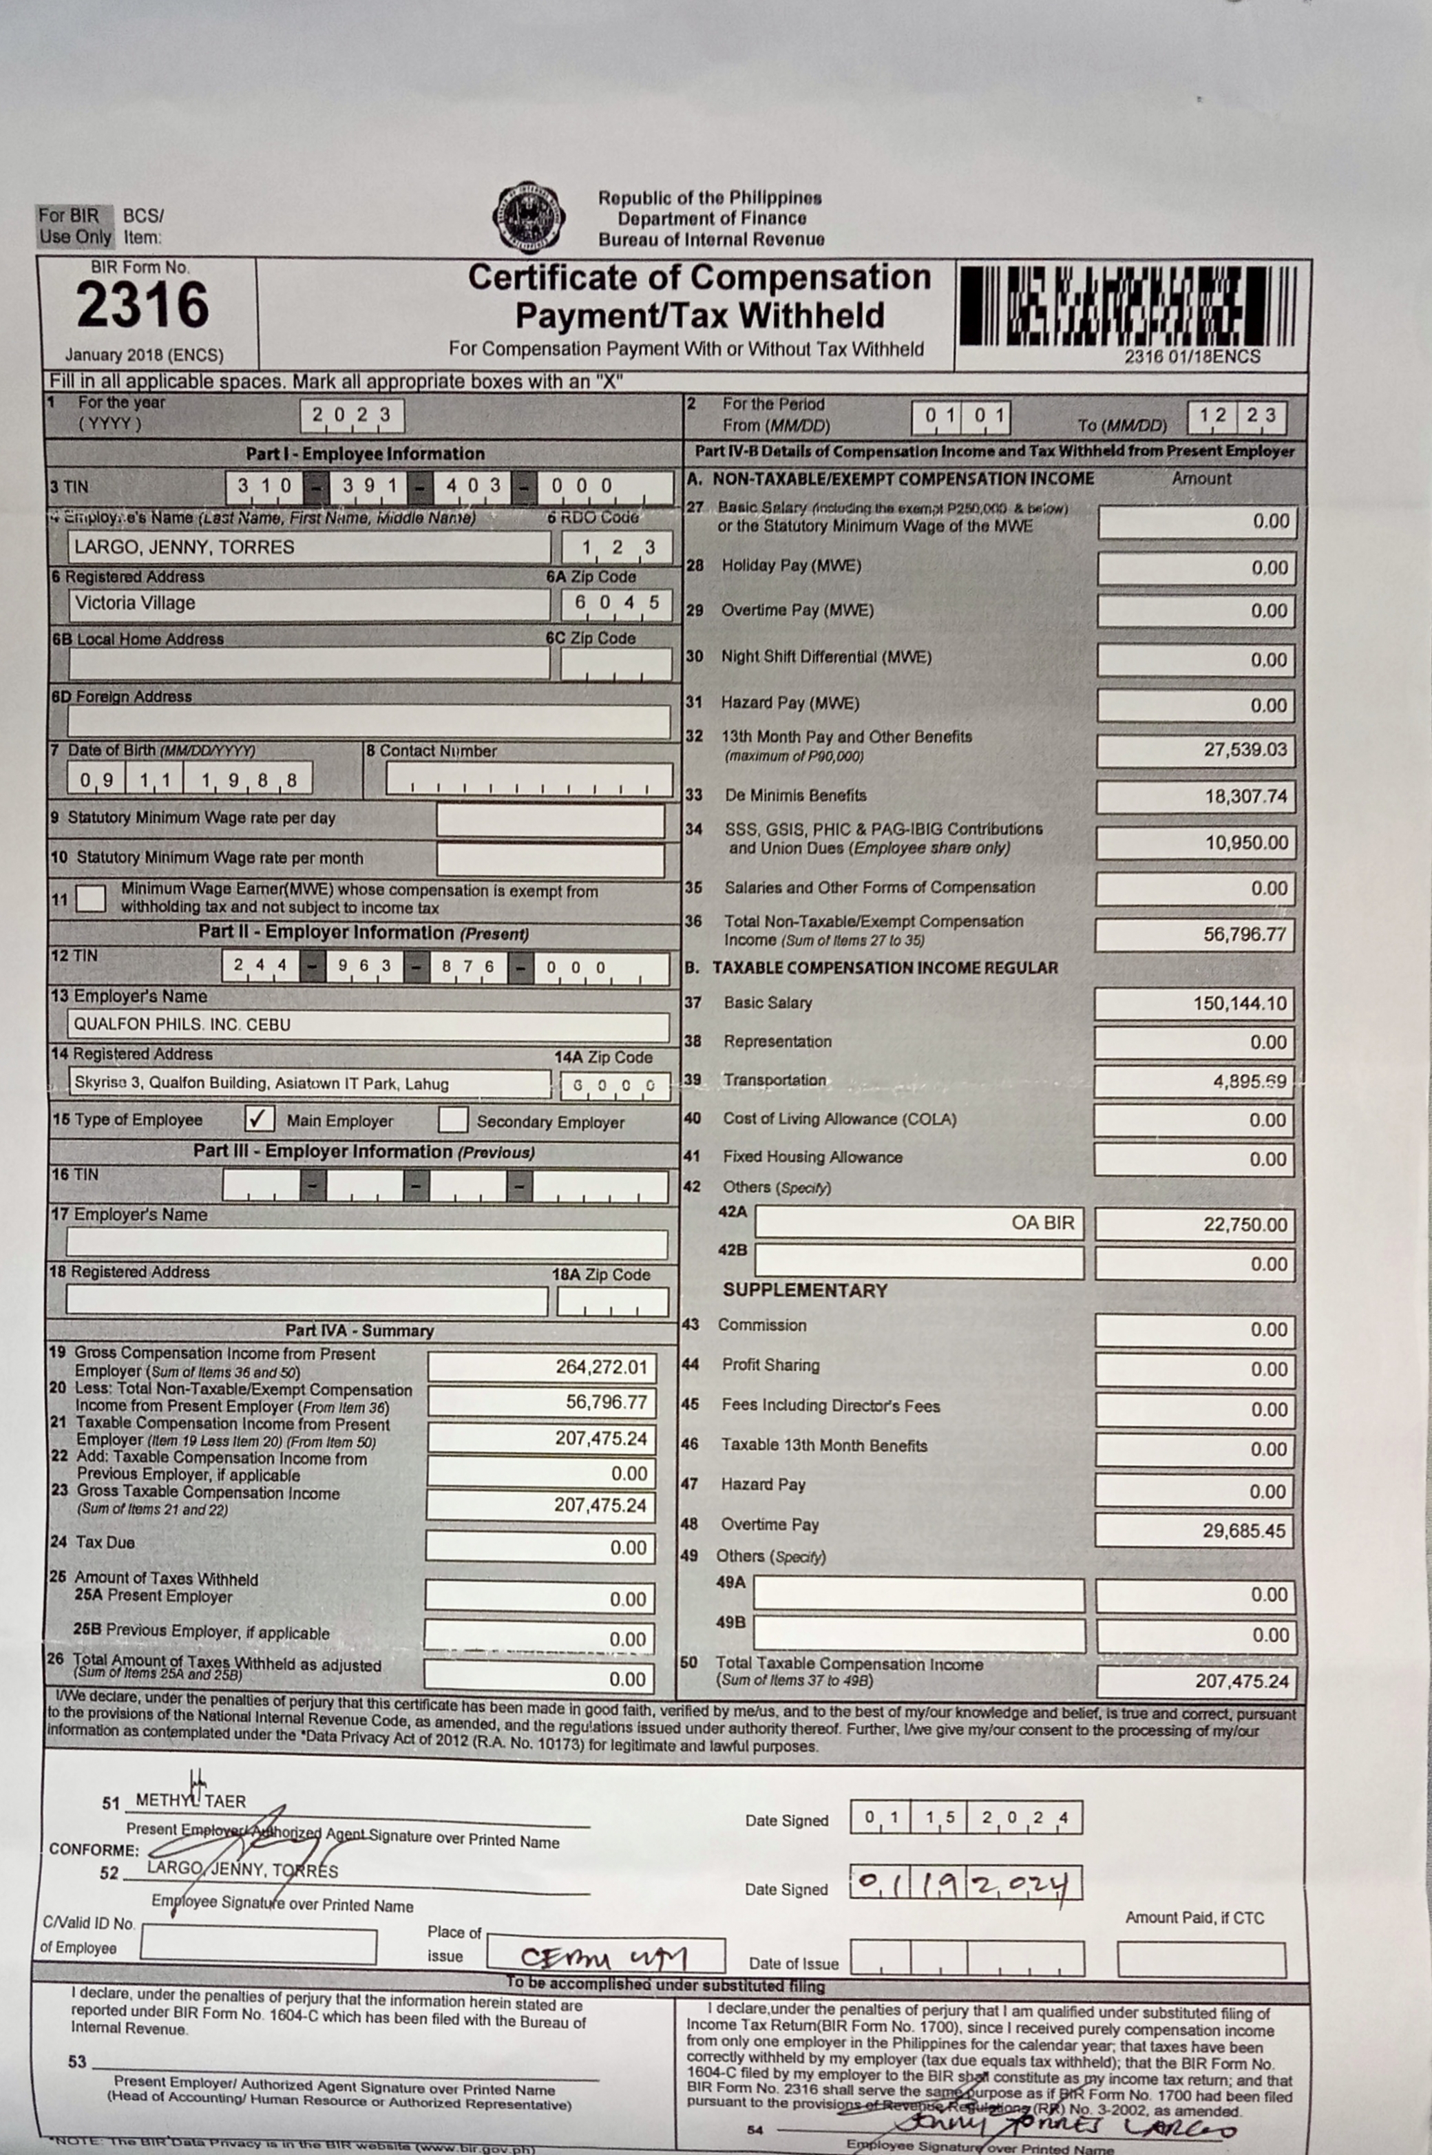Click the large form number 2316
(x=143, y=305)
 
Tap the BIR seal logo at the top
(x=528, y=216)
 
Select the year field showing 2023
(x=352, y=415)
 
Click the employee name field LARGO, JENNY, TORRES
(x=308, y=547)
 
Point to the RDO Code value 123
(x=618, y=548)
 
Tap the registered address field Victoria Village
(x=308, y=604)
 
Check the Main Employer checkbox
(x=260, y=1119)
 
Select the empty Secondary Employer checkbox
(x=453, y=1119)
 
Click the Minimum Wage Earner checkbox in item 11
(x=90, y=898)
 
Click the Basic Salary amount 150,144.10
(x=1194, y=1004)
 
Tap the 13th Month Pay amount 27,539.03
(x=1195, y=750)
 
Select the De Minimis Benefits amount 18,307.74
(x=1195, y=797)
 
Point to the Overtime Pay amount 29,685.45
(x=1194, y=1530)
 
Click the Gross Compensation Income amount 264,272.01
(x=540, y=1367)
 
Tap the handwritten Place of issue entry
(x=604, y=1957)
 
